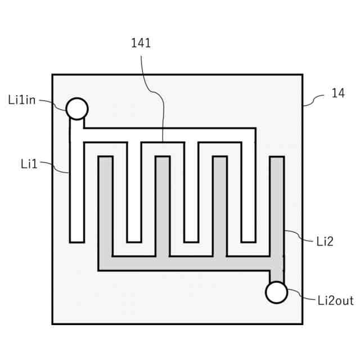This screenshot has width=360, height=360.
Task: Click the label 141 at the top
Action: [141, 43]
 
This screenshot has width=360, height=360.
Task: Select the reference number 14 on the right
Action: [337, 93]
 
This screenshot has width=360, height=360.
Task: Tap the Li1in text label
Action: [22, 100]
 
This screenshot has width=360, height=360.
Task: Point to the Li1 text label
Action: [29, 164]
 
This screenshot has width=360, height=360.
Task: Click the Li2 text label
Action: [325, 241]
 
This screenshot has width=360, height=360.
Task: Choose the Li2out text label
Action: [335, 300]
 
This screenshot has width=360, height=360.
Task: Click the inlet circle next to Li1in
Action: [76, 108]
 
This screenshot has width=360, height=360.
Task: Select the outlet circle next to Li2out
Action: [276, 292]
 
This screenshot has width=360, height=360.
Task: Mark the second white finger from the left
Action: [134, 191]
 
